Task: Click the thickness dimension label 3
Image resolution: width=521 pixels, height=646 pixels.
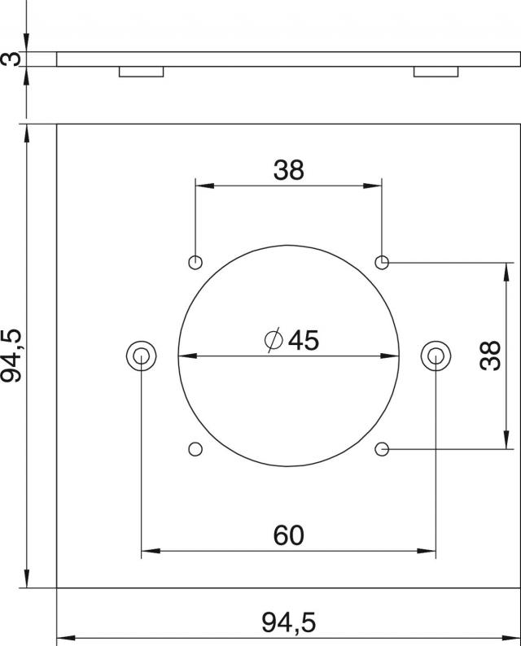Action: click(11, 59)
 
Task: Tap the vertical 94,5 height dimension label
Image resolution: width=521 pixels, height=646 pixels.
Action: click(11, 356)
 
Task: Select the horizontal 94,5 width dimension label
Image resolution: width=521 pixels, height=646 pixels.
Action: click(288, 622)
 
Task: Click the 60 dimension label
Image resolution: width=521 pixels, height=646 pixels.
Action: click(288, 535)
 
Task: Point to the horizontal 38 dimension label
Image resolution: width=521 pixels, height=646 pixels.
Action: click(288, 170)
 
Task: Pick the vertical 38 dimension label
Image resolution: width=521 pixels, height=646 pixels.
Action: click(491, 356)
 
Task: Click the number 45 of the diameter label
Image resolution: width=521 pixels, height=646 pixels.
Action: click(304, 341)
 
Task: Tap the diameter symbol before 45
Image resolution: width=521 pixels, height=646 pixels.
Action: click(274, 341)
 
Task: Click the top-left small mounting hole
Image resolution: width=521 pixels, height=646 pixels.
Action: click(195, 262)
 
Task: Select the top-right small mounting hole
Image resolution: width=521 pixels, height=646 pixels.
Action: click(382, 262)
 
